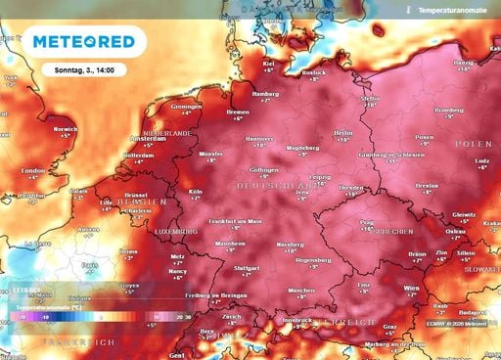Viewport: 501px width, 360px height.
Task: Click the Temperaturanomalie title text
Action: pyautogui.click(x=451, y=10)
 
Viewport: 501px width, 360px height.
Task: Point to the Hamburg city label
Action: pyautogui.click(x=266, y=94)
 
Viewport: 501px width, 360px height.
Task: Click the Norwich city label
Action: pyautogui.click(x=66, y=128)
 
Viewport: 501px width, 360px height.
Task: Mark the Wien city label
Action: pyautogui.click(x=412, y=290)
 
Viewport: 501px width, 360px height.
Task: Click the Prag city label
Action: pyautogui.click(x=367, y=223)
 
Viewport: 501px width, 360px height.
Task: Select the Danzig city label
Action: pyautogui.click(x=461, y=62)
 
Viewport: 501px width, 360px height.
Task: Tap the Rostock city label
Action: pyautogui.click(x=314, y=71)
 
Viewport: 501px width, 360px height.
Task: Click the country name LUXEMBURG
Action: pyautogui.click(x=176, y=231)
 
